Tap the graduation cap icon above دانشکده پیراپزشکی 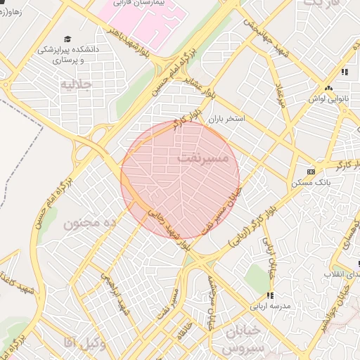67,39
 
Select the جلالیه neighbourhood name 86,84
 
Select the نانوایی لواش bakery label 329,99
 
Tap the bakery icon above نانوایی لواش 329,88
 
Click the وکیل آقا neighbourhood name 82,342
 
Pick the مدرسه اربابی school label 271,307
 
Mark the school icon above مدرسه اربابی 270,295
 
